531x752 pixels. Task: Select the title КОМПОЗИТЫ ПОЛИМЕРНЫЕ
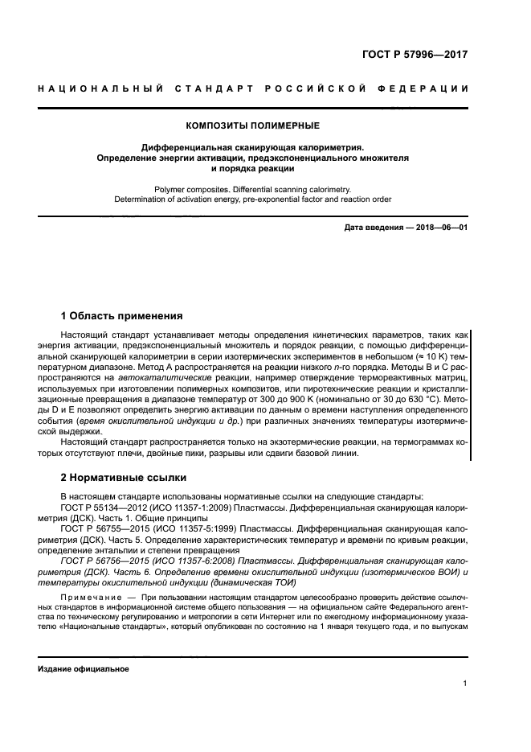pyautogui.click(x=252, y=125)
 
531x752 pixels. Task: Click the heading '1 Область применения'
pyautogui.click(x=121, y=315)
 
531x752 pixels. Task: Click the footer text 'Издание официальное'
pyautogui.click(x=84, y=668)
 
